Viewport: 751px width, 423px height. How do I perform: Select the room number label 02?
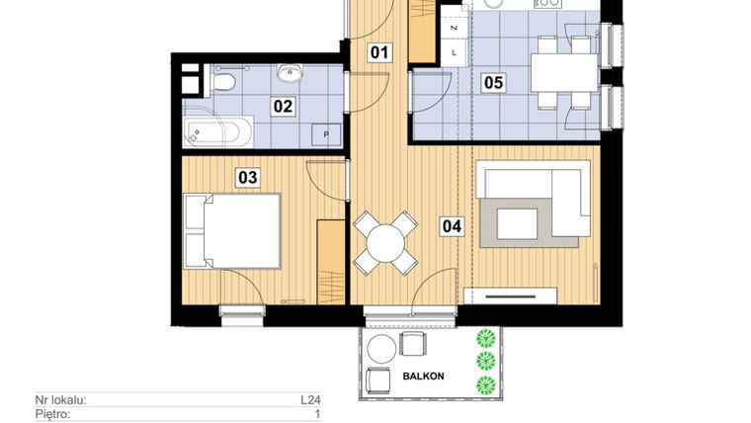284,106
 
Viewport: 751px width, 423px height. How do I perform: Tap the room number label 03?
247,178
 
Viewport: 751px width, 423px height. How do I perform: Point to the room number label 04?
452,225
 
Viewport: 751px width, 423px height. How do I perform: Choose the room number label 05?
493,83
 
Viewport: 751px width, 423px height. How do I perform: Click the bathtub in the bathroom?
218,129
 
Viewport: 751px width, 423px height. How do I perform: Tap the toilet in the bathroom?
223,79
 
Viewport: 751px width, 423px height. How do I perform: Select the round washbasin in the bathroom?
290,73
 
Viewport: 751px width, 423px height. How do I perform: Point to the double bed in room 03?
233,230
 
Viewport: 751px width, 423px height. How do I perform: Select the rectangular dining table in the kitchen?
563,71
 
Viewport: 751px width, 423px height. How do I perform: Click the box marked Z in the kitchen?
453,29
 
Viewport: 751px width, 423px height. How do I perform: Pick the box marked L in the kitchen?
453,52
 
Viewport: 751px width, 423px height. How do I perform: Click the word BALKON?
424,376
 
